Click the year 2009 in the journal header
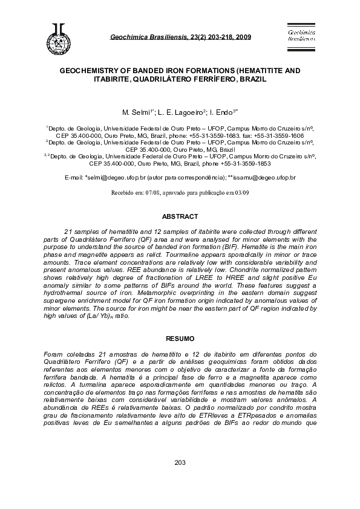coord(243,37)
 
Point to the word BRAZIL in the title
coord(250,79)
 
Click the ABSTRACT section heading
coord(180,216)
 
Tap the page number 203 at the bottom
coord(180,479)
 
